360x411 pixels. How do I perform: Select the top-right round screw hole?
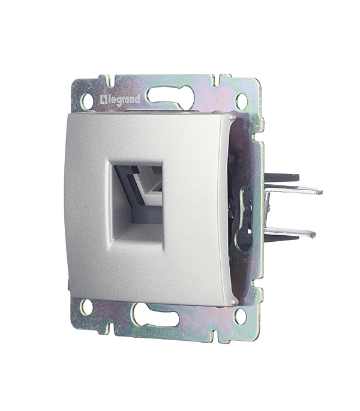pos(241,101)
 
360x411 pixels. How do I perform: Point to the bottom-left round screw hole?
pos(86,307)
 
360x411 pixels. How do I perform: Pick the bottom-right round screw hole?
pos(240,316)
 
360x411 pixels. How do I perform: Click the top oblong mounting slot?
pos(170,95)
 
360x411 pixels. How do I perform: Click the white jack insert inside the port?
pos(148,184)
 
